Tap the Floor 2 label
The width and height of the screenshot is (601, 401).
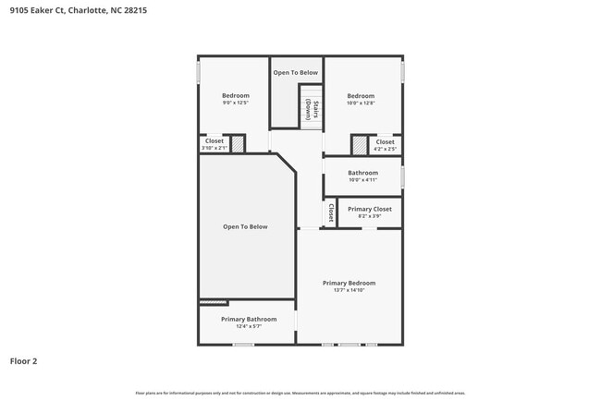tap(24, 361)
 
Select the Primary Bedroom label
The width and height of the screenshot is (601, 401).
tap(349, 283)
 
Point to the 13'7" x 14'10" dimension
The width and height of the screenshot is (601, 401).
tap(349, 290)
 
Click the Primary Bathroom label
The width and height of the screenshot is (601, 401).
tap(248, 319)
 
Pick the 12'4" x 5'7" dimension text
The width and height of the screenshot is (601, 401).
tap(248, 326)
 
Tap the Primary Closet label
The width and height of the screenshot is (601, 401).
tap(369, 210)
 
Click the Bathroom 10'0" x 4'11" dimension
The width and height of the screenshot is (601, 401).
tap(362, 180)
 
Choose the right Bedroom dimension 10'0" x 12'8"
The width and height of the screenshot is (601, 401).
tap(361, 103)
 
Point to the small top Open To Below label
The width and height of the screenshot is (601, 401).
tap(295, 72)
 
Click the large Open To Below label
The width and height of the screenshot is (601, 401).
tap(245, 226)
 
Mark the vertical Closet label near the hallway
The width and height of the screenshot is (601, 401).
tap(330, 213)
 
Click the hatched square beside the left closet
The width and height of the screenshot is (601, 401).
tap(238, 144)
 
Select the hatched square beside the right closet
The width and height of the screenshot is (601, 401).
tap(359, 145)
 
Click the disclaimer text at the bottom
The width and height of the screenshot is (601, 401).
tap(300, 393)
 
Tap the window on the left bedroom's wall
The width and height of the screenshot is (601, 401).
tap(199, 73)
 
